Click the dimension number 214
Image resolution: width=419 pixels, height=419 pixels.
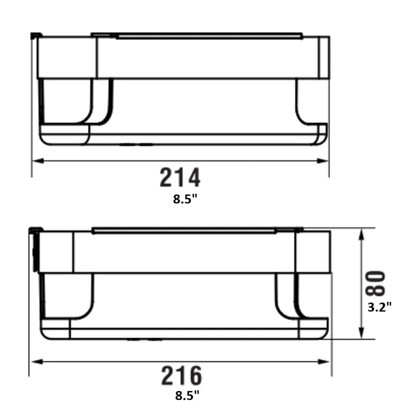point(180,177)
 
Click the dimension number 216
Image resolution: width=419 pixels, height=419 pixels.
point(181,376)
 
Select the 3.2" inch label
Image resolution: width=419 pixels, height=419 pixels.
point(380,307)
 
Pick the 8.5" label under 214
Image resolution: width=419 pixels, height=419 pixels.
point(185,199)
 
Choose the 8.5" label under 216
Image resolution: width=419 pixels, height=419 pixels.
point(187,396)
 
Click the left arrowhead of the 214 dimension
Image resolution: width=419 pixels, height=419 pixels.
point(38,161)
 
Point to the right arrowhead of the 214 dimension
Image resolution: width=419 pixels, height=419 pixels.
point(323,161)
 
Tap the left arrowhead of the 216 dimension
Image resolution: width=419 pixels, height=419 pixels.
point(36,362)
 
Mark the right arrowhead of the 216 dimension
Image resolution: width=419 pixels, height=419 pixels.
point(323,362)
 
